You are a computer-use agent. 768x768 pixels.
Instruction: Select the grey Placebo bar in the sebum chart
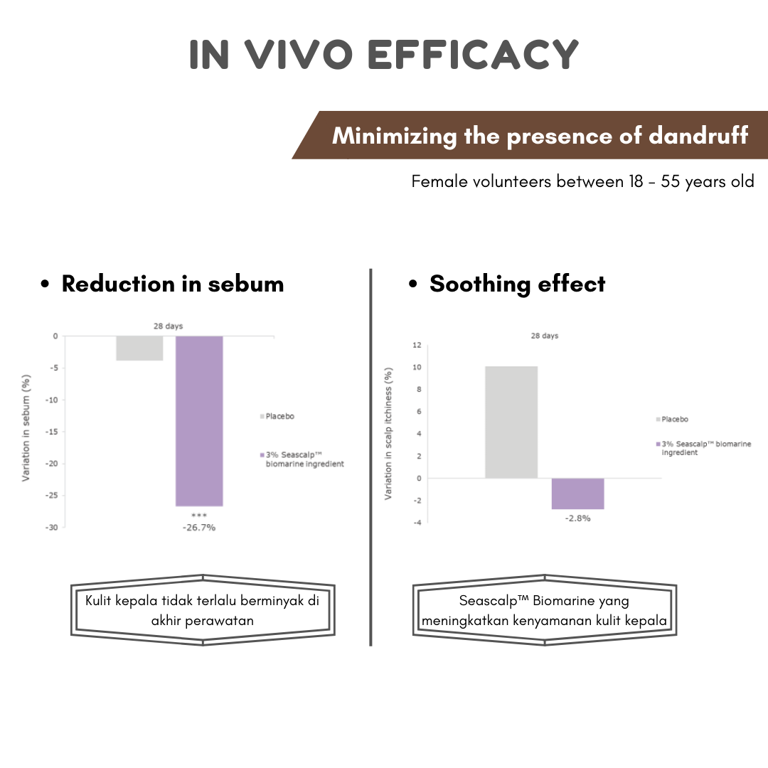(x=139, y=348)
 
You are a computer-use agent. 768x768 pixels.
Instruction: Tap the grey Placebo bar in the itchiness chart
(x=511, y=422)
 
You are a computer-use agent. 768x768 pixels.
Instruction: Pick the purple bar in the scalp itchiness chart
(x=577, y=494)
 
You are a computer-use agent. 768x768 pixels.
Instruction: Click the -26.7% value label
(x=198, y=528)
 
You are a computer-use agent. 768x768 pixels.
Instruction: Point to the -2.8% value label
(x=577, y=518)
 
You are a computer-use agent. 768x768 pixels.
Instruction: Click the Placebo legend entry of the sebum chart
(x=277, y=416)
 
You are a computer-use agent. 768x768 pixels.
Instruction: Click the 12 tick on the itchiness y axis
(x=416, y=346)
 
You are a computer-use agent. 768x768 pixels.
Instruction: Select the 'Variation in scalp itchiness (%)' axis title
(x=388, y=434)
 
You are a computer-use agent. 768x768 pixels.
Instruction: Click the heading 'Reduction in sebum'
(x=173, y=284)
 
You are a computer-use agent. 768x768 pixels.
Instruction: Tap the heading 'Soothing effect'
(x=517, y=284)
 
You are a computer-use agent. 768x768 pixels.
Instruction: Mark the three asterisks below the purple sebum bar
(x=199, y=516)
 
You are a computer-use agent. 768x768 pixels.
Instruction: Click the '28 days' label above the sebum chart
(x=169, y=326)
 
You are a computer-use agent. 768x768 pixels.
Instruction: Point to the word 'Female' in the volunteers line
(x=435, y=181)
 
